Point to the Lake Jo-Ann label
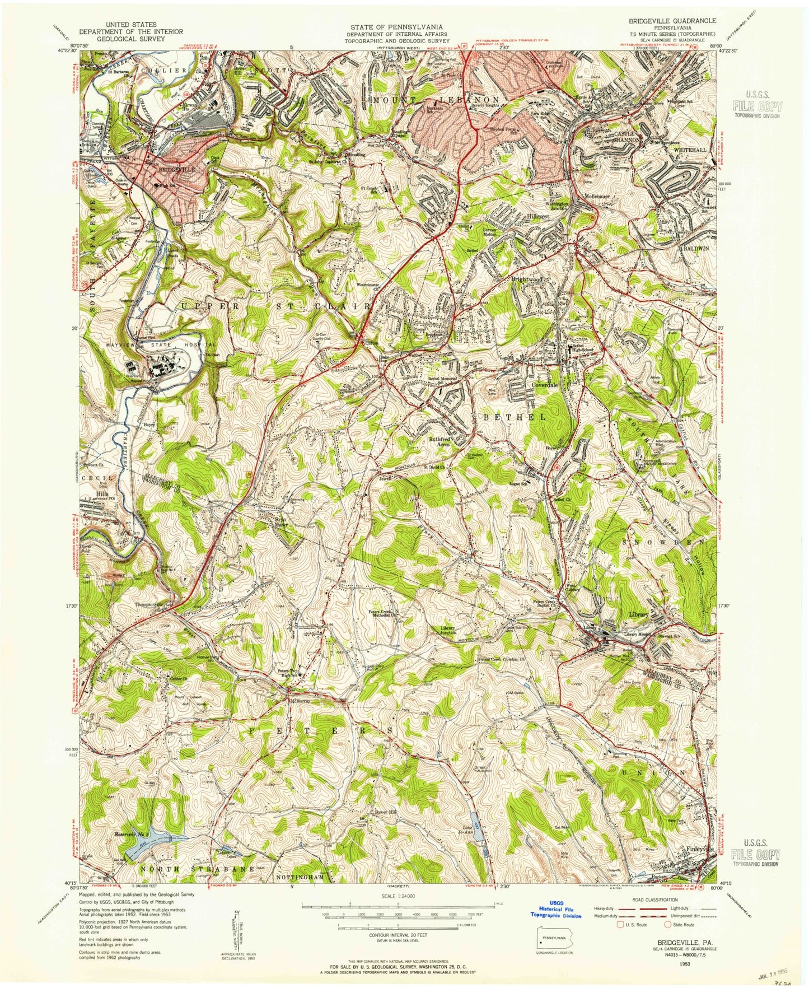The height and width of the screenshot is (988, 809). pos(469,830)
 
